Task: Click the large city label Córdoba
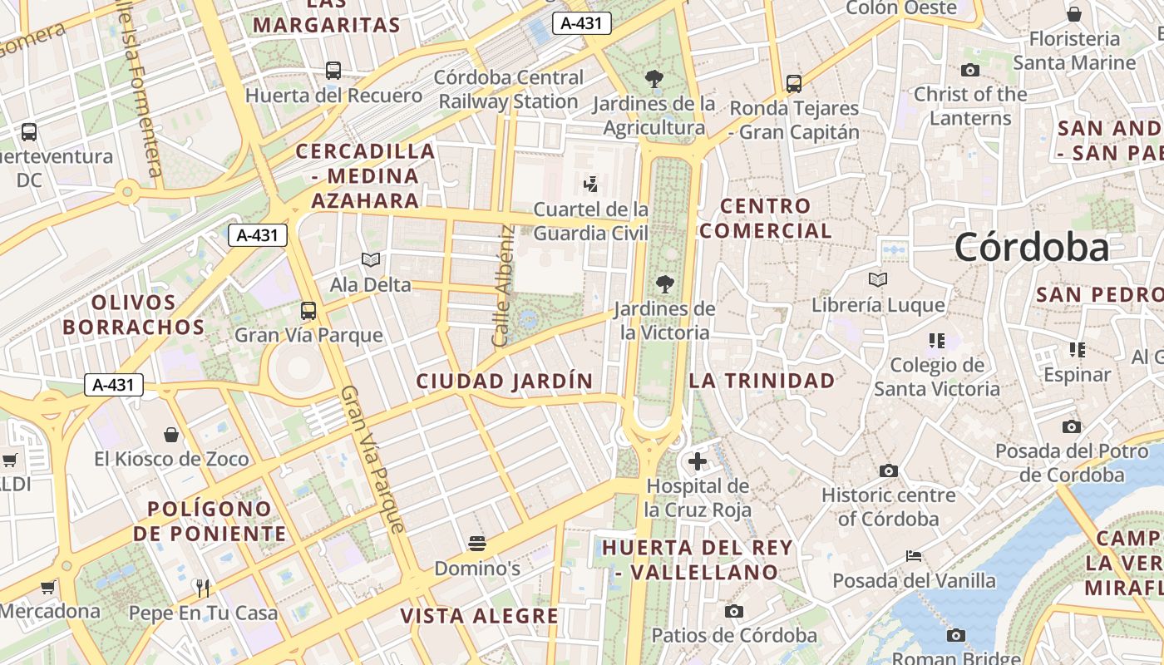[1031, 247]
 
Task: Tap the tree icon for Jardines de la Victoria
[664, 284]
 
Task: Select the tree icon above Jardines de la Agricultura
[654, 79]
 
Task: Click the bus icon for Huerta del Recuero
[333, 71]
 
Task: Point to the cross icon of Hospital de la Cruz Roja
[698, 461]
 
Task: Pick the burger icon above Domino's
[477, 544]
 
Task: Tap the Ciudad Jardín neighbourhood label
[505, 382]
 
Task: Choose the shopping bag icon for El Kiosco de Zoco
[171, 434]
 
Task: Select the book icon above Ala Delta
[371, 260]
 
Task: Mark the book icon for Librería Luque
[878, 280]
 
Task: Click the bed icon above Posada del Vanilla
[914, 556]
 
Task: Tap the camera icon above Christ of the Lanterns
[970, 70]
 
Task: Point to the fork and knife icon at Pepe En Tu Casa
[203, 588]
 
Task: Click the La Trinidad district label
[762, 381]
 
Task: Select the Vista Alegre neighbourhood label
[480, 616]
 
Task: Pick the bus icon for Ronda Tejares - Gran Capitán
[794, 83]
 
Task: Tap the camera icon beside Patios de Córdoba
[733, 612]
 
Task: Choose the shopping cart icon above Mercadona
[48, 587]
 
